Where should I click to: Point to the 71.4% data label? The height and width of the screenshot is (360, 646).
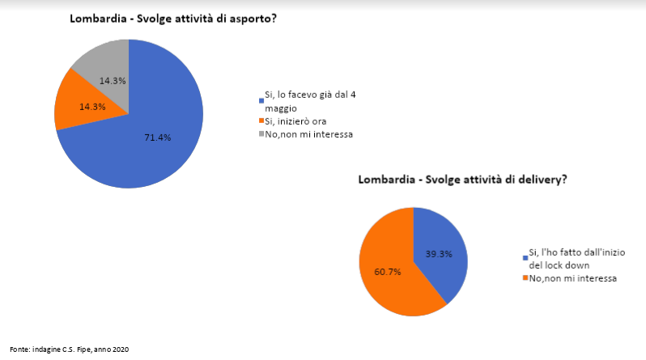pos(157,138)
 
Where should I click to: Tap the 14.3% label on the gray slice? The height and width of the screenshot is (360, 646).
pos(113,80)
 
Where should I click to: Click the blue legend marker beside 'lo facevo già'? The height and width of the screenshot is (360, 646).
pos(261,100)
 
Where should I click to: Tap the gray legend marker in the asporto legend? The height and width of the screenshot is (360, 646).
pos(261,134)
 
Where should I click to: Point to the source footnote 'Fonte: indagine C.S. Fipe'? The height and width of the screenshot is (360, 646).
pos(57,349)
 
